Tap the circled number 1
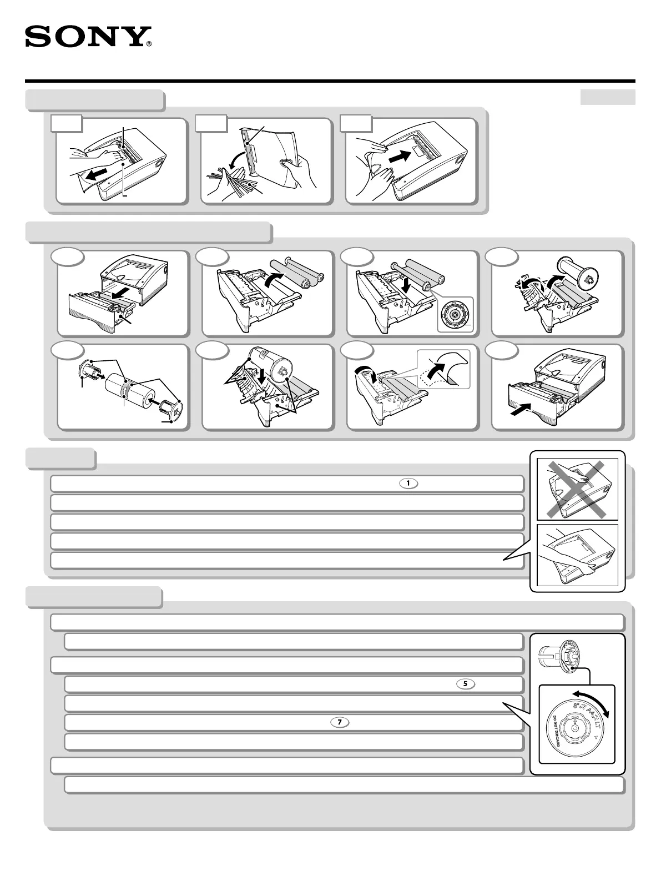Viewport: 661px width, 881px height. [408, 484]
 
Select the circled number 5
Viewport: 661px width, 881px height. [465, 684]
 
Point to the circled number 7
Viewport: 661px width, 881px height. [340, 722]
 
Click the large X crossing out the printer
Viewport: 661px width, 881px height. [577, 488]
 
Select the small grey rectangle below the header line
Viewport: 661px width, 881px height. [607, 97]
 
